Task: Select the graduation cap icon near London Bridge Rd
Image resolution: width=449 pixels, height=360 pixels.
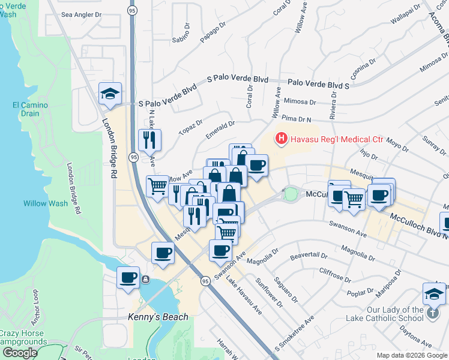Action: coord(110,94)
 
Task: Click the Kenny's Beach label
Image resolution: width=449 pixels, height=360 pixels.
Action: coord(158,317)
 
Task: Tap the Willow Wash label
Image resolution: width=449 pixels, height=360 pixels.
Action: coord(46,203)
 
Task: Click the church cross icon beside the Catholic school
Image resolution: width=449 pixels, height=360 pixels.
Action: coord(432,311)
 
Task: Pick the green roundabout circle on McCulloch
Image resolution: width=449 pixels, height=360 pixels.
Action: coord(291,194)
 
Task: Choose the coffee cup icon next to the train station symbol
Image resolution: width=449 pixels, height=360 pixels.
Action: coord(128,277)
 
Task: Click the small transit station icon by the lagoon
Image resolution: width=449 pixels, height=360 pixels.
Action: coord(145,279)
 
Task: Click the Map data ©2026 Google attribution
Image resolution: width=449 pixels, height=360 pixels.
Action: coord(412,355)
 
